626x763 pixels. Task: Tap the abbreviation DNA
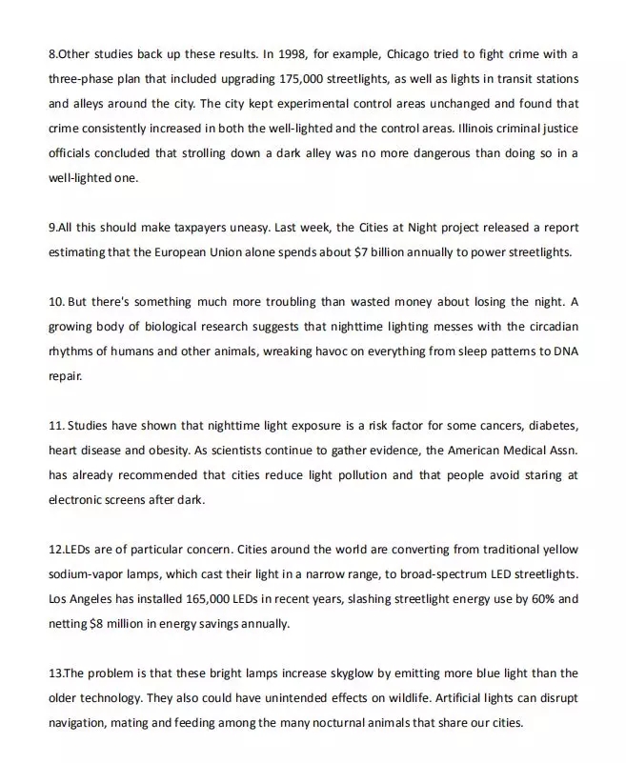click(x=563, y=352)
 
